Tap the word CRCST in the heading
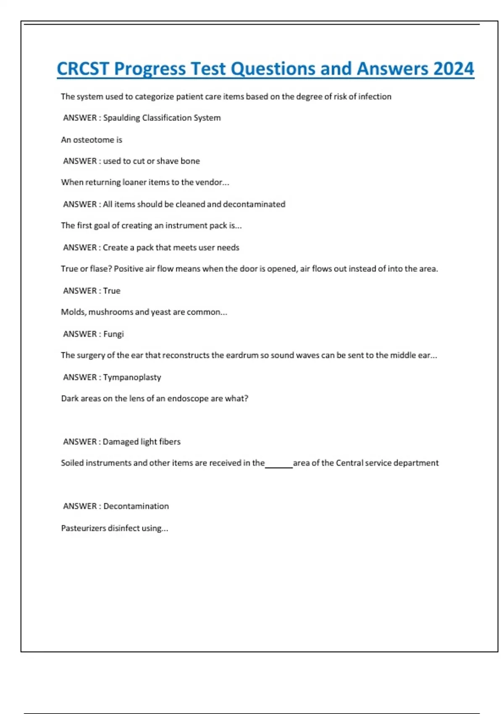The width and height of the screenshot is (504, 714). [x=83, y=69]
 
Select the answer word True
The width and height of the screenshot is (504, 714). [x=112, y=291]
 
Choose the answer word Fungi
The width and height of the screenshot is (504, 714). [x=113, y=334]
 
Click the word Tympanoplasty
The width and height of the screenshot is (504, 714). [x=132, y=377]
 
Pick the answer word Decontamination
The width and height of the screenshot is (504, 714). [x=136, y=506]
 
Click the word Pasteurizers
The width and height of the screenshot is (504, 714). [x=83, y=528]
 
